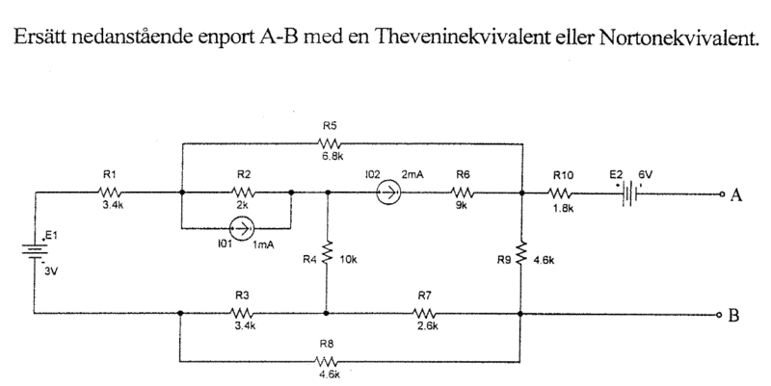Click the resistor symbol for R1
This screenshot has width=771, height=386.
click(108, 191)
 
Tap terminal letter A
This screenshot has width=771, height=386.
click(735, 195)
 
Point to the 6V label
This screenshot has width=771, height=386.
click(645, 175)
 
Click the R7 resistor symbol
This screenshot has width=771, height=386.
click(425, 313)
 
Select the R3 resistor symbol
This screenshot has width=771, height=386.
click(243, 313)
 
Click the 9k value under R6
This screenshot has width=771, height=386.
click(464, 206)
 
